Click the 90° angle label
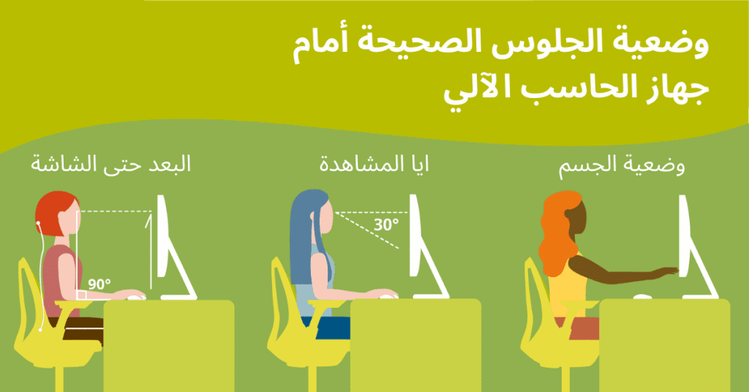click(99, 284)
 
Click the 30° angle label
click(386, 225)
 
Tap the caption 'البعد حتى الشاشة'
click(111, 164)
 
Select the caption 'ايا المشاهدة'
click(374, 164)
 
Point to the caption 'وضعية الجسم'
click(622, 166)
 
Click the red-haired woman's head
click(57, 214)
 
